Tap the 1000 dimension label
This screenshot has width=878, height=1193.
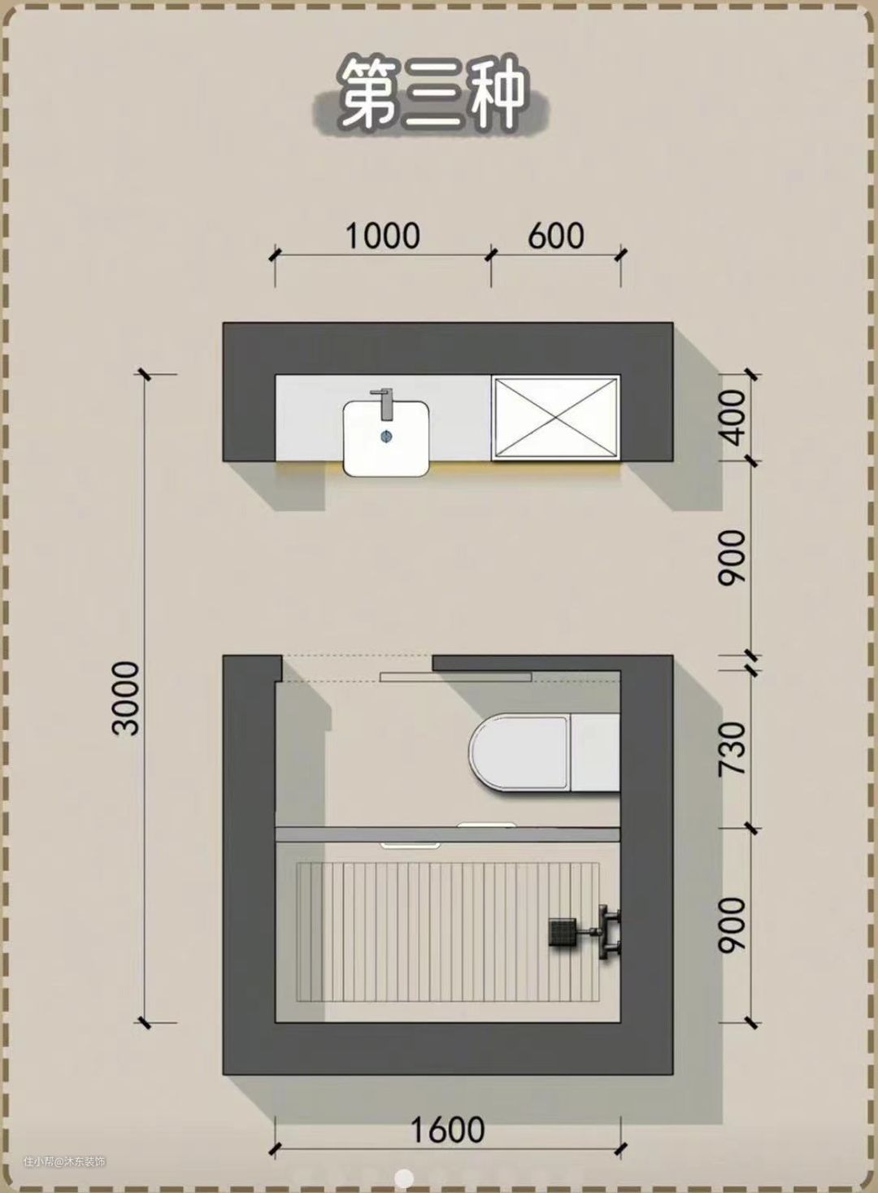tap(383, 236)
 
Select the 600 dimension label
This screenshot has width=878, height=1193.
tap(555, 236)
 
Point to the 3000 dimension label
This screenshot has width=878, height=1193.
tap(126, 699)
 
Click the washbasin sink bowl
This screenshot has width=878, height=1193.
tap(386, 438)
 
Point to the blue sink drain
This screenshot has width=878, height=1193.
tap(386, 436)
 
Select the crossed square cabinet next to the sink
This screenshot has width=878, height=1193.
tap(556, 417)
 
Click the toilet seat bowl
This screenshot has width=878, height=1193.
tap(519, 752)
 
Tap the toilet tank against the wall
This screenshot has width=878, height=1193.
tap(596, 752)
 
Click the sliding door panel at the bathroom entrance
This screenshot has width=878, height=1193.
tap(456, 677)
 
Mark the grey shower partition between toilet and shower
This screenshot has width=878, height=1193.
tap(448, 834)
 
